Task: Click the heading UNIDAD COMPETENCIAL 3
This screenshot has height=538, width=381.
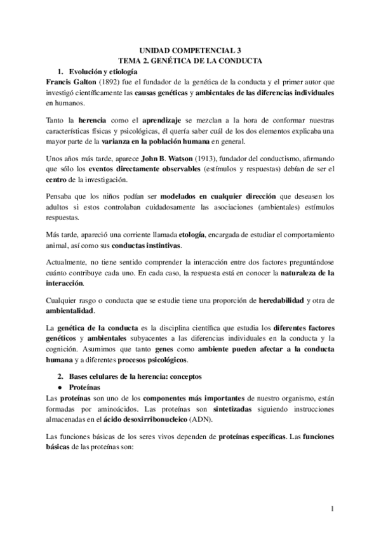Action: tap(190, 49)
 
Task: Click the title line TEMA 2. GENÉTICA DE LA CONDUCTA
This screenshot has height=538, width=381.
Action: tap(190, 60)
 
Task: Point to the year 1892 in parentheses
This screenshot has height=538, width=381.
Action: tap(111, 82)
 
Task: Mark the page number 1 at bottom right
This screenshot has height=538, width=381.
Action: tap(333, 509)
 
